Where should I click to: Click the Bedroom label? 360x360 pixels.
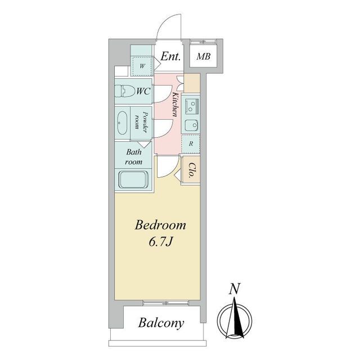coord(160,225)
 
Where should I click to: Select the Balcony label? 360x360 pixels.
coord(161,323)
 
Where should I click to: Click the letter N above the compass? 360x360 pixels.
coord(235,289)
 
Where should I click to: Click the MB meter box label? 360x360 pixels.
coord(204,56)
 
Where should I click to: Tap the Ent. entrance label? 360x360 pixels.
coord(170,56)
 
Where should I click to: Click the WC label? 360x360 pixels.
coord(143,91)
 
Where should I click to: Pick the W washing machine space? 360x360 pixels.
coord(142,66)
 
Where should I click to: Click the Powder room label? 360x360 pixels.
coord(141,121)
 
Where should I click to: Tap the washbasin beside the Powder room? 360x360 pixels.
coord(121,123)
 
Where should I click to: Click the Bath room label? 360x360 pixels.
coord(134,157)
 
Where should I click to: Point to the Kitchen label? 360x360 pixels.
coord(175,105)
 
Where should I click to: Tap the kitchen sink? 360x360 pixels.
coord(192,125)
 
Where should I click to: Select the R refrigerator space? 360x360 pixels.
coord(191,144)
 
